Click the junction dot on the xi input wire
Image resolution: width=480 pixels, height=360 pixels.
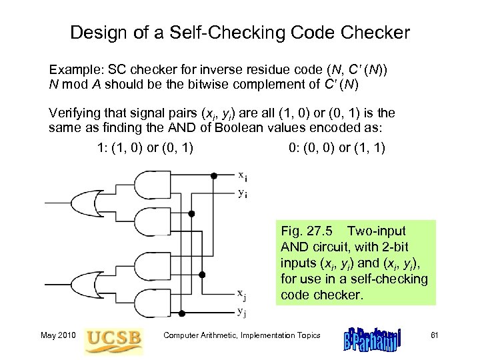click(214, 176)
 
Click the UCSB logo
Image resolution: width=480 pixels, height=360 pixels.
click(114, 337)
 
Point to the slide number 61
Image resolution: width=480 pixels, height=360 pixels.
click(438, 335)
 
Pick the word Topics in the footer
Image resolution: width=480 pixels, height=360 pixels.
click(305, 335)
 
